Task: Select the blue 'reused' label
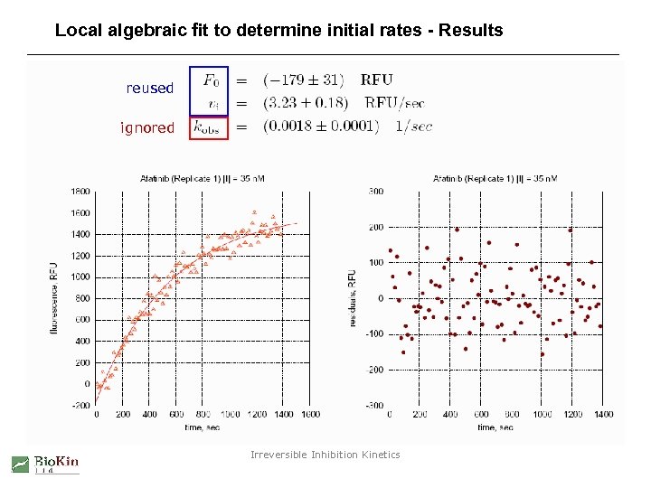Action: coord(149,89)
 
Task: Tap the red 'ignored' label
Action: coord(147,128)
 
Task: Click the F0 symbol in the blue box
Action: coord(209,80)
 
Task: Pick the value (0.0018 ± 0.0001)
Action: coord(321,127)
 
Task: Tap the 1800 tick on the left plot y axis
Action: coord(80,192)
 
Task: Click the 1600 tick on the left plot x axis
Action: coord(309,415)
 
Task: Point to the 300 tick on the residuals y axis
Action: coord(375,192)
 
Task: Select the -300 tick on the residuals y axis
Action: coord(373,405)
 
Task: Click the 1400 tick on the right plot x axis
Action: coord(603,415)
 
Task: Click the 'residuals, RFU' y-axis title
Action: coord(352,298)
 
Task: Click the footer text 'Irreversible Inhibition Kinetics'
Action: coord(325,455)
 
